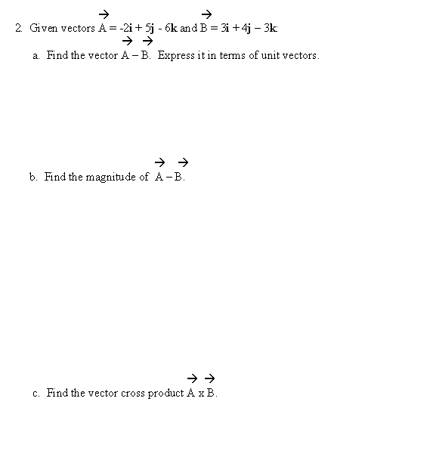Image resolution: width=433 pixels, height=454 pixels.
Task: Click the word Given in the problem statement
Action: coord(42,28)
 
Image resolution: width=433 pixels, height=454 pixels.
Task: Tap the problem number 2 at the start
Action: coord(17,28)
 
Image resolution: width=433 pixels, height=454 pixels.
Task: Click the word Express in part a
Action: coord(174,56)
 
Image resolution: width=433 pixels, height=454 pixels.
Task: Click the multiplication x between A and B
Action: coord(202,394)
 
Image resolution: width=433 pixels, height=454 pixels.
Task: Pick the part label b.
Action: coord(32,177)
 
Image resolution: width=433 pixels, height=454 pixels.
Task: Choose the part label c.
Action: coord(36,394)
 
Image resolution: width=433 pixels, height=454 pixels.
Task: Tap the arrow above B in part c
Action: coord(211,377)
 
